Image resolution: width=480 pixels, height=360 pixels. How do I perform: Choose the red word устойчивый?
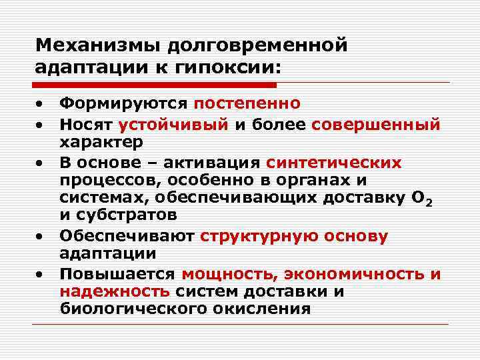tap(174, 123)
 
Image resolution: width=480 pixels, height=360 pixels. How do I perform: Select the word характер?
tap(101, 143)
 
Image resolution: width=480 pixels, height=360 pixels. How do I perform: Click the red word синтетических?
tap(334, 163)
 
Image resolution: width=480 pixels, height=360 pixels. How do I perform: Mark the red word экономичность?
tap(354, 274)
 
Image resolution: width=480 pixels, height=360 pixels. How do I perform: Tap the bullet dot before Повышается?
tap(41, 274)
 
